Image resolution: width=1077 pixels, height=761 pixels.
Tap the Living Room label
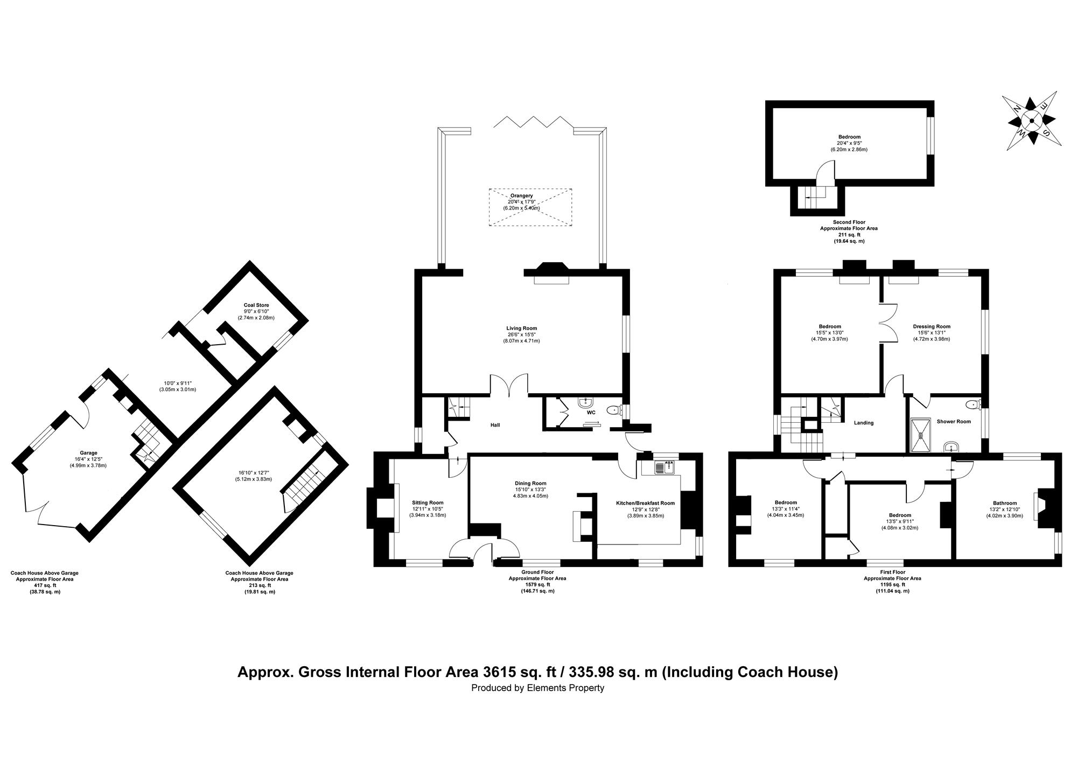(521, 329)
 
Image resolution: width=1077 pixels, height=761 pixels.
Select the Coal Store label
(256, 305)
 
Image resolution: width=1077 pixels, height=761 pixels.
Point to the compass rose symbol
(1031, 121)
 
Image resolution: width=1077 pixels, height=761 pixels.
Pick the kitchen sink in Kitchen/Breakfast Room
(665, 467)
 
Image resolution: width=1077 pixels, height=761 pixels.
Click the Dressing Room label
(932, 326)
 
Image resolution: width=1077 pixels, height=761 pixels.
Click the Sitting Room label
(428, 503)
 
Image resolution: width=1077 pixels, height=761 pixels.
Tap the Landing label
(864, 423)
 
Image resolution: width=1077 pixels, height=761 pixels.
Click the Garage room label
(88, 453)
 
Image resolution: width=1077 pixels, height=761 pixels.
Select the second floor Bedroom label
(849, 137)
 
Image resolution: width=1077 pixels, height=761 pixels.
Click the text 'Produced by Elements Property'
(537, 688)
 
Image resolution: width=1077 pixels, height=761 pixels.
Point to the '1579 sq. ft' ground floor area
(537, 585)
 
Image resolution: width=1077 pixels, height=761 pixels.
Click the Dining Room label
(530, 484)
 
